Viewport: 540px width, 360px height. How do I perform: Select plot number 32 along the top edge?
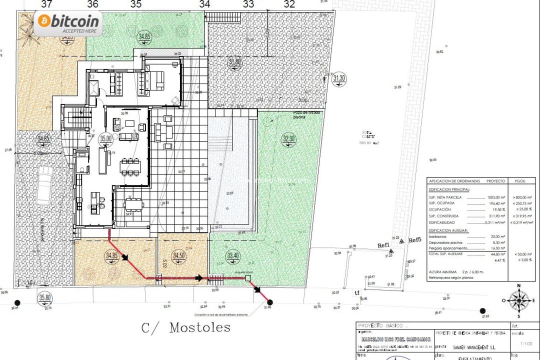click(289, 4)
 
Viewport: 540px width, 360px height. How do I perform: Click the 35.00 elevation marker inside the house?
click(105, 139)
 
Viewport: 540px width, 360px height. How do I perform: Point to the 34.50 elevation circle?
click(178, 255)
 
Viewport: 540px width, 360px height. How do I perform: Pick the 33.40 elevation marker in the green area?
click(233, 255)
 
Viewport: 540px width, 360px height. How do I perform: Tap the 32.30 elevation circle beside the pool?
click(289, 139)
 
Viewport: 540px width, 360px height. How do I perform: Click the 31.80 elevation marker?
click(234, 62)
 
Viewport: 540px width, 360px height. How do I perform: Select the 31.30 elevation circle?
click(339, 78)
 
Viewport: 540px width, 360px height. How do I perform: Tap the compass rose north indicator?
click(519, 300)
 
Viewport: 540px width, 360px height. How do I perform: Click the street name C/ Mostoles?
click(186, 327)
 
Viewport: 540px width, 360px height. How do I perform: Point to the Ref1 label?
click(383, 245)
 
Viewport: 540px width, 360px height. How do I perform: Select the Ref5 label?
click(415, 240)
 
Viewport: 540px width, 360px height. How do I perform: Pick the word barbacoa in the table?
click(438, 236)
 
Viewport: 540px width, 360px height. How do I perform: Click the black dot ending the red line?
click(270, 302)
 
